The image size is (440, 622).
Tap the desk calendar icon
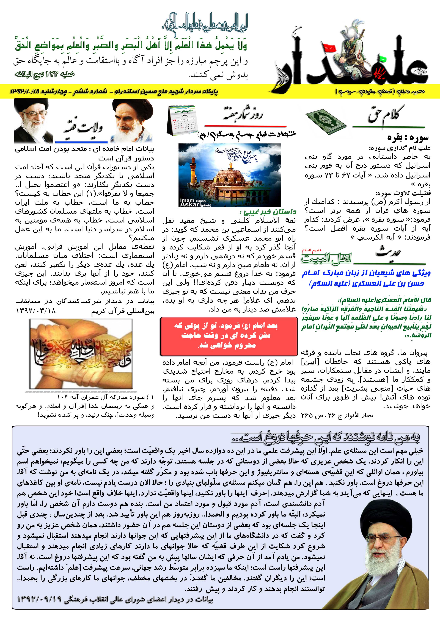(182, 120)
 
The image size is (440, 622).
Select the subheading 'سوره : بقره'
(409, 138)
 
